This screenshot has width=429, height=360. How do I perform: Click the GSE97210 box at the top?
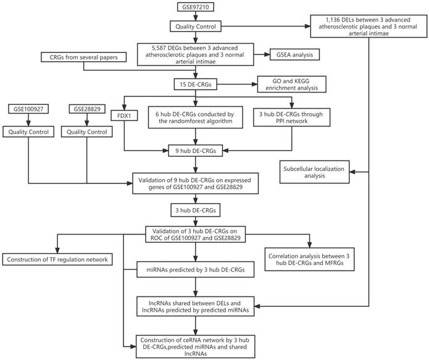(196, 9)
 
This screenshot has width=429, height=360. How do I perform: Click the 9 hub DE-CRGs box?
(196, 149)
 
